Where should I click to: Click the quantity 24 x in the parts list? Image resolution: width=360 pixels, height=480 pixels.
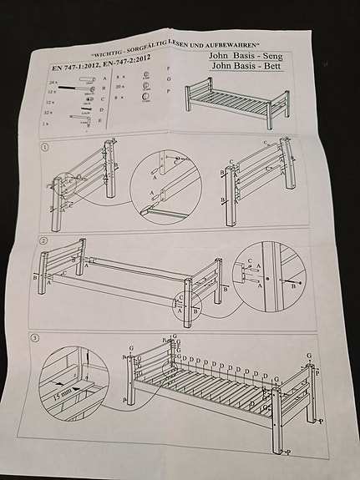(x=54, y=85)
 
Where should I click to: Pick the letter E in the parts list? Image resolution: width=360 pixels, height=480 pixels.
(x=100, y=121)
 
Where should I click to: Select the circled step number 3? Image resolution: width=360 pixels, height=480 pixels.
(x=34, y=339)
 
